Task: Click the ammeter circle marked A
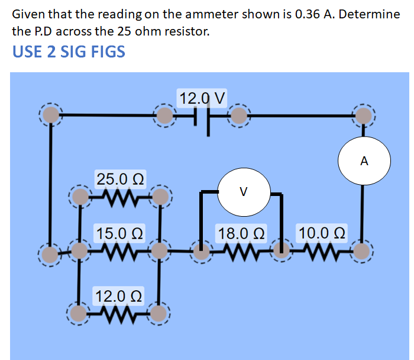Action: pos(364,160)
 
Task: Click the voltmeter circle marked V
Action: pos(244,192)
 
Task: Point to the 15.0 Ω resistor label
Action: pos(118,233)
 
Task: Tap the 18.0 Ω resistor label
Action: pos(241,232)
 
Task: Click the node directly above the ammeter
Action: pos(364,115)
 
